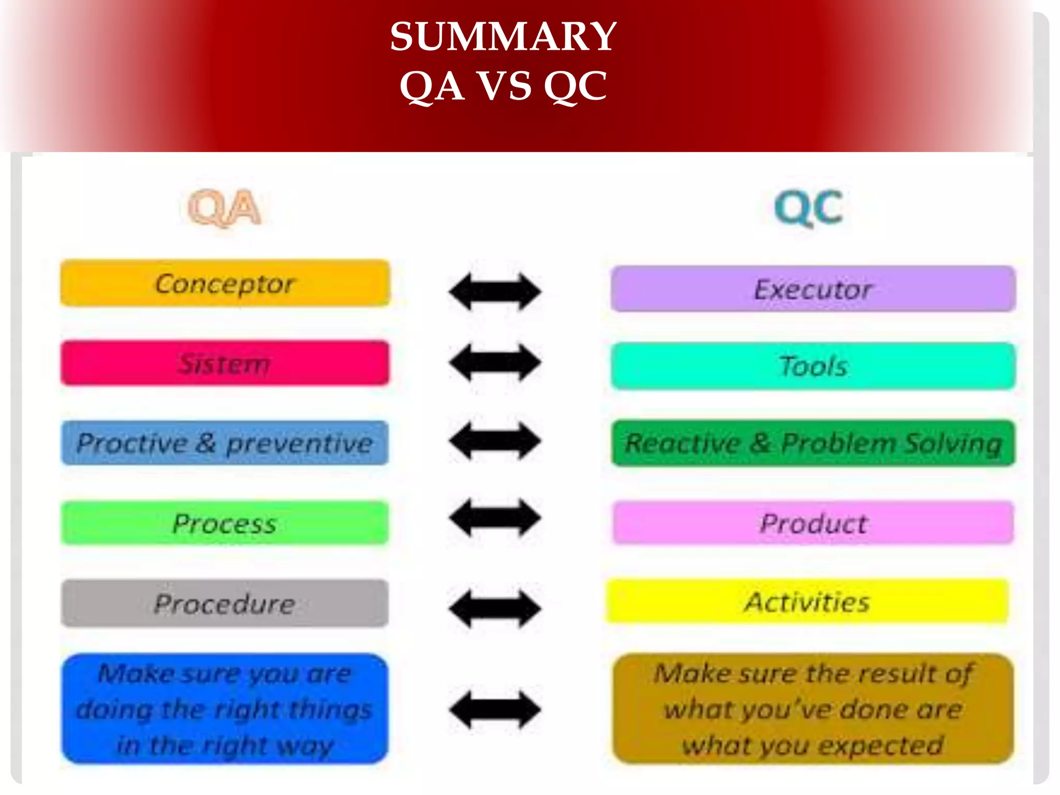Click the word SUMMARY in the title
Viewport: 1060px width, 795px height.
(503, 37)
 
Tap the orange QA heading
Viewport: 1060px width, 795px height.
(224, 208)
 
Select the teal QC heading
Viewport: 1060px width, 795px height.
(809, 208)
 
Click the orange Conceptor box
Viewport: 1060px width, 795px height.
(225, 284)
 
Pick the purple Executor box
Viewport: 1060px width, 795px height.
(813, 289)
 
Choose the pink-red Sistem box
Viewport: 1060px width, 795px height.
(225, 363)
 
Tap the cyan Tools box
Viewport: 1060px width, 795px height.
(813, 366)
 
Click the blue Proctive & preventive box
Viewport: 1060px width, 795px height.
(225, 443)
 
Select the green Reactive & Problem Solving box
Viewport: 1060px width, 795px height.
(813, 443)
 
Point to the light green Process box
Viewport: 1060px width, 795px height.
(225, 523)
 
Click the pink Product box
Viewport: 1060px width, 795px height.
(813, 523)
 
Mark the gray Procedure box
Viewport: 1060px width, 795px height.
(225, 603)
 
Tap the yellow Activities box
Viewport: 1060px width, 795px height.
(807, 602)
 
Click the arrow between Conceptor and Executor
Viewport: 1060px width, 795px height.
(495, 291)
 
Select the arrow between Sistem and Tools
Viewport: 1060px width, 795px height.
(495, 362)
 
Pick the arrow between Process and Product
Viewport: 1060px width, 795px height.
(495, 518)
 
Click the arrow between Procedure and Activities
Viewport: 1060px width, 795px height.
(495, 609)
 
